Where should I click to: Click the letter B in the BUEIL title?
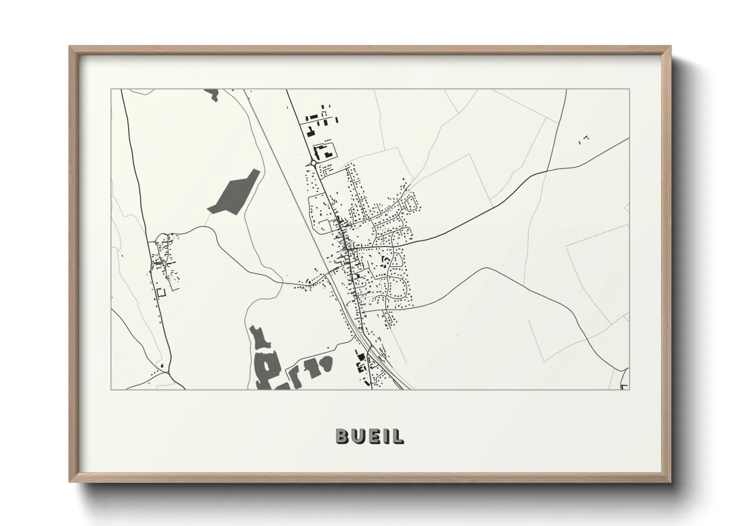(343, 436)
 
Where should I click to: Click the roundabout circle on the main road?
(313, 162)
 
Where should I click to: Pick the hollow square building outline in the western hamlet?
(161, 292)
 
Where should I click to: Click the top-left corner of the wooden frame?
(70, 47)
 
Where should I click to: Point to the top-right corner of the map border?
(629, 89)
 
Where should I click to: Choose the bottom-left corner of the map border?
(111, 389)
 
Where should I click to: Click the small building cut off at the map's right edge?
(626, 386)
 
